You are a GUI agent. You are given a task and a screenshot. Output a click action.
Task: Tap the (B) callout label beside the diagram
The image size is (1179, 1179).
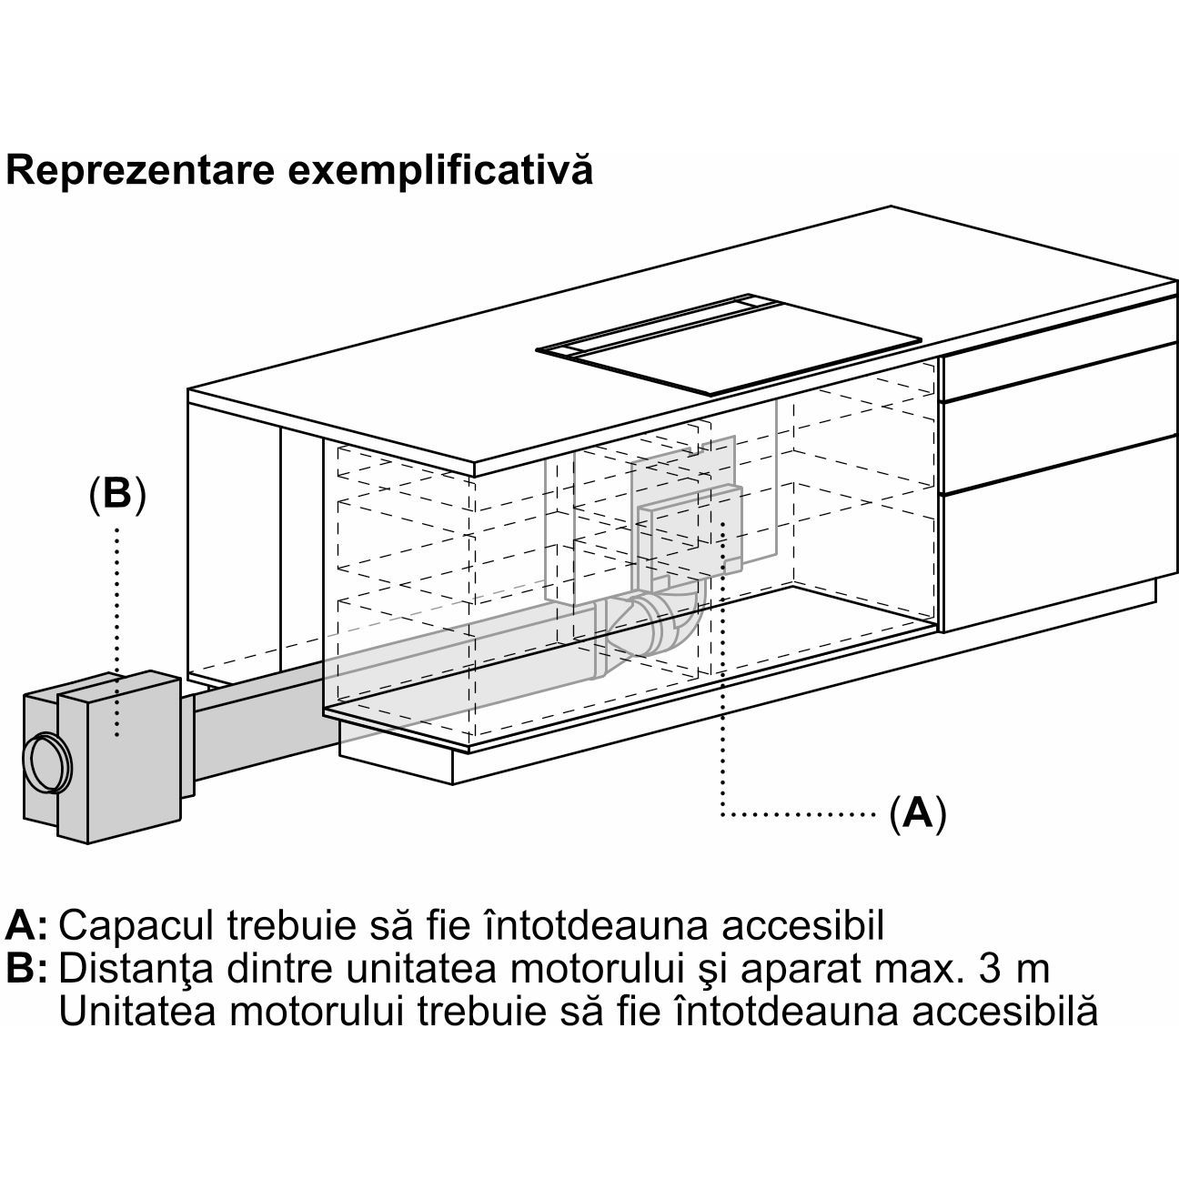coord(116,493)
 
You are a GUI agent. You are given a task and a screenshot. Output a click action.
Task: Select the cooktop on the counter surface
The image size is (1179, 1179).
coord(729,345)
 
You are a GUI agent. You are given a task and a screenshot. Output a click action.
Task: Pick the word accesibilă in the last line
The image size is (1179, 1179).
coord(1004,1010)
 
